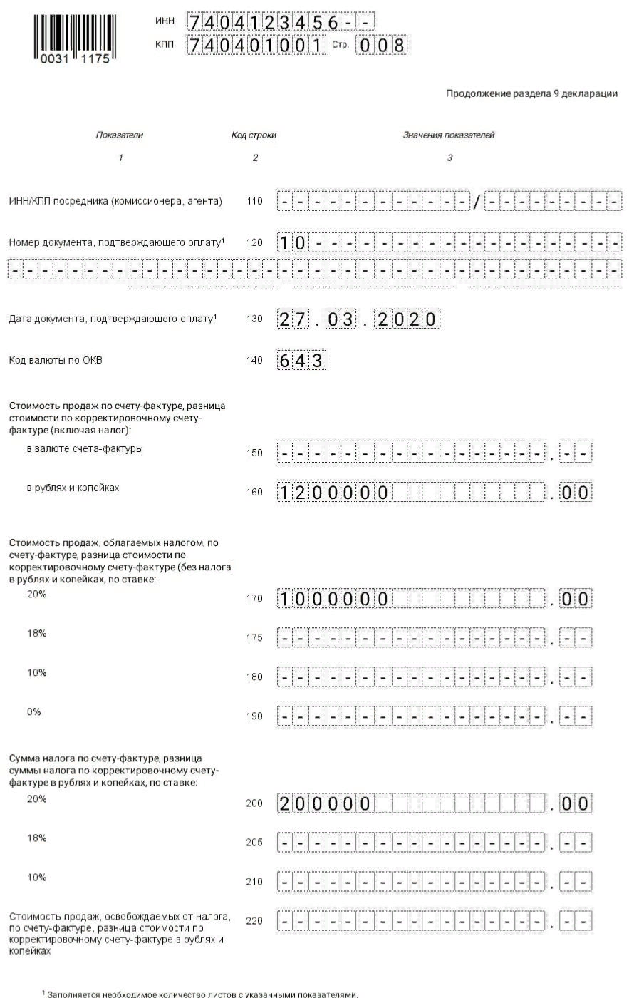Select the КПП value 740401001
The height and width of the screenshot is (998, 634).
tap(256, 46)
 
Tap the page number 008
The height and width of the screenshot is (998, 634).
tap(381, 46)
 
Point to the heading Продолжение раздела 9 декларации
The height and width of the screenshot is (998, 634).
tap(531, 93)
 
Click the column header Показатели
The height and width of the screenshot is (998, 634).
tap(120, 135)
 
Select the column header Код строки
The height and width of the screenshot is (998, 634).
tap(254, 135)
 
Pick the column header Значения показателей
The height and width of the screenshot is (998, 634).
tap(448, 135)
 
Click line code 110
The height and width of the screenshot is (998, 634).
tap(254, 202)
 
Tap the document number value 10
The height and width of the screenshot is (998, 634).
tap(292, 243)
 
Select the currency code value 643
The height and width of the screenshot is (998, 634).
tap(301, 361)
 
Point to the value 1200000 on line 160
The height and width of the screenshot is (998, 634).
tap(333, 493)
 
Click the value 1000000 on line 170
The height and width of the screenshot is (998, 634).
tap(333, 600)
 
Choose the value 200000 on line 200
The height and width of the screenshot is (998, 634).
tap(325, 804)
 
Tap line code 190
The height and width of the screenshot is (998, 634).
tap(254, 716)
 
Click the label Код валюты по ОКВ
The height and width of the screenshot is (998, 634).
tap(56, 360)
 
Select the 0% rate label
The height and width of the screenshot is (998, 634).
tap(34, 712)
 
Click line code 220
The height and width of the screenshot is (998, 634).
tap(254, 921)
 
